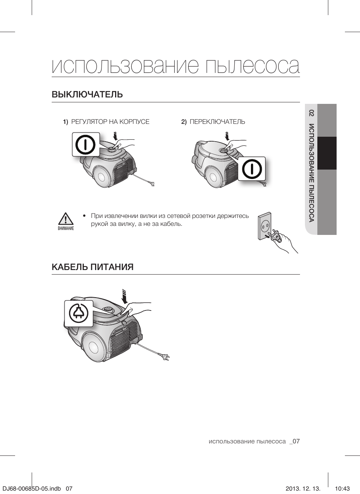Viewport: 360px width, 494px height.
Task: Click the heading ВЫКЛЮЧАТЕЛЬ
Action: click(x=87, y=94)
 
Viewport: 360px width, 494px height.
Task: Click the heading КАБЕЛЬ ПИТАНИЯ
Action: click(x=92, y=267)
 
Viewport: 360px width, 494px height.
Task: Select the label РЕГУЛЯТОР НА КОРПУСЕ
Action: click(x=111, y=122)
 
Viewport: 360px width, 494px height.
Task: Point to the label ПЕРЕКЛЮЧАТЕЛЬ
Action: click(x=217, y=122)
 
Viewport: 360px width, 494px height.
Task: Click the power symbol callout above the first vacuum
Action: click(x=86, y=144)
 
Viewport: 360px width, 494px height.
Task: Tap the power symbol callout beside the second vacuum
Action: click(x=252, y=169)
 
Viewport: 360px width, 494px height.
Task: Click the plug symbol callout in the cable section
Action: click(x=78, y=313)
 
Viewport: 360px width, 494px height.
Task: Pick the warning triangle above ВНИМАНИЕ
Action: click(x=66, y=219)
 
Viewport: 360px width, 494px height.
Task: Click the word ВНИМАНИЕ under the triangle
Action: click(x=66, y=228)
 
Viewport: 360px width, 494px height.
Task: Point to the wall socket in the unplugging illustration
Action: click(x=265, y=226)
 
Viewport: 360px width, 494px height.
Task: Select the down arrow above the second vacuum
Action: click(x=228, y=136)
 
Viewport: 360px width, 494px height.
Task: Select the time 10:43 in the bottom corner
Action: click(x=342, y=488)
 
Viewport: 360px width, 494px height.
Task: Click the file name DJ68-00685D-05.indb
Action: click(x=32, y=488)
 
